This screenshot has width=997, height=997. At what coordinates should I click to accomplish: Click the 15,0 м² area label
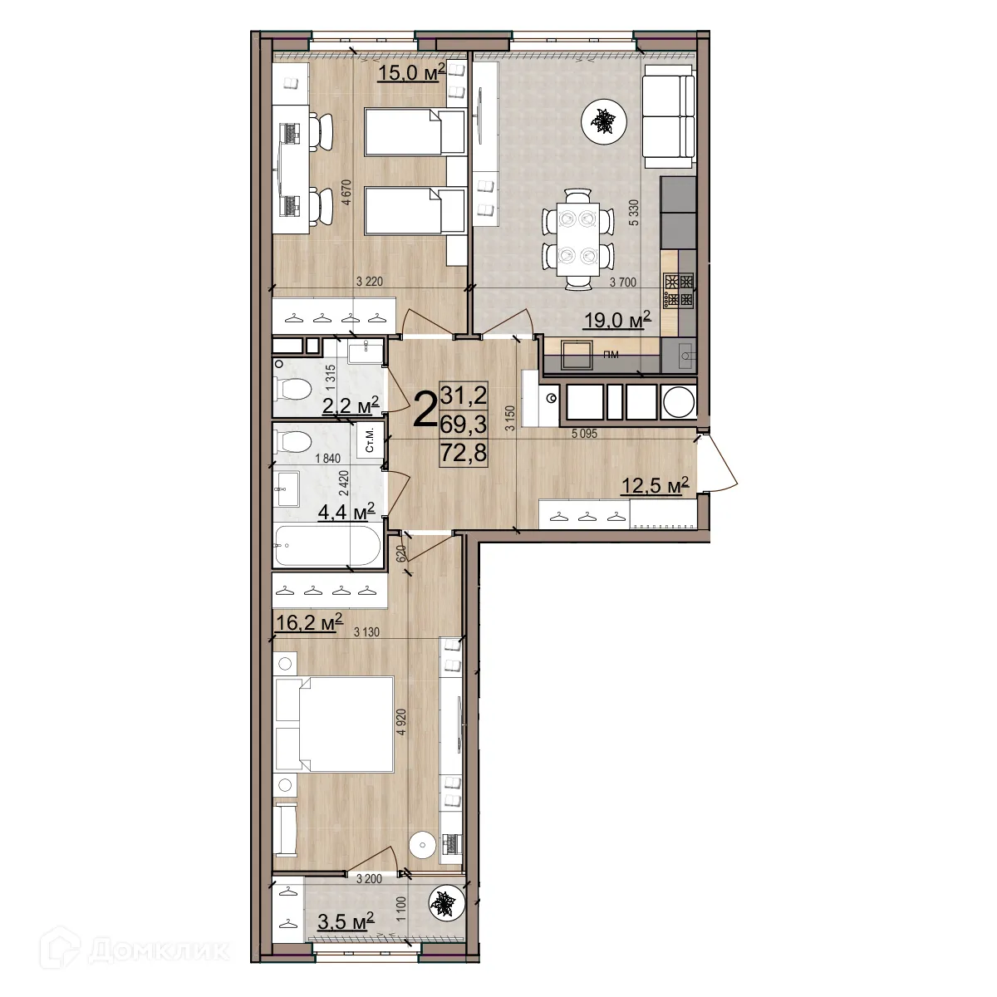pyautogui.click(x=412, y=72)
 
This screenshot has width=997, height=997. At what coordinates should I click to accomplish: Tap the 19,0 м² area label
pyautogui.click(x=617, y=320)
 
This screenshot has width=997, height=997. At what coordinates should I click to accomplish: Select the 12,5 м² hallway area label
pyautogui.click(x=655, y=486)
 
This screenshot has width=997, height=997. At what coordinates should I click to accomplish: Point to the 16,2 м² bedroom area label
pyautogui.click(x=309, y=622)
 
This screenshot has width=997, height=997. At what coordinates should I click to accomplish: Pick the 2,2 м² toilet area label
pyautogui.click(x=351, y=405)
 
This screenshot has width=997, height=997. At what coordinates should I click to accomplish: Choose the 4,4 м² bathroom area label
pyautogui.click(x=346, y=513)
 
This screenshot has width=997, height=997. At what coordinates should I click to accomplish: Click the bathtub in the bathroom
pyautogui.click(x=328, y=546)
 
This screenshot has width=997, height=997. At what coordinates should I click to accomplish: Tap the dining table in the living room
pyautogui.click(x=578, y=239)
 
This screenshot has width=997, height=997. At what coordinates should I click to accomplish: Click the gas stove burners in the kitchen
pyautogui.click(x=679, y=291)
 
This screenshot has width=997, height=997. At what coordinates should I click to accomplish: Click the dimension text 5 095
pyautogui.click(x=584, y=434)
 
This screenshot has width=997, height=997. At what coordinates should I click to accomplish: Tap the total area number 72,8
pyautogui.click(x=464, y=454)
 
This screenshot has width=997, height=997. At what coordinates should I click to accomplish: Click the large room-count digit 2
pyautogui.click(x=425, y=410)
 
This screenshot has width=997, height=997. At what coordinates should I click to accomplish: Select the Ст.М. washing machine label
pyautogui.click(x=370, y=440)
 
